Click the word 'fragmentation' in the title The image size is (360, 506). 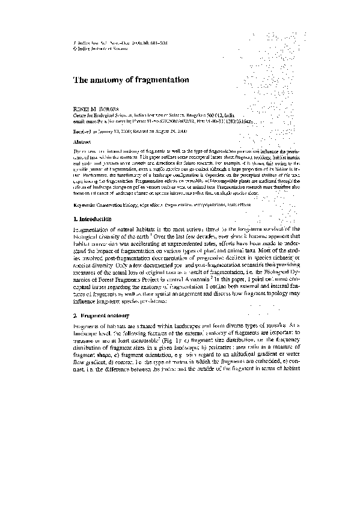164,79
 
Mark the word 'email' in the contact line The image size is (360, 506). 79,120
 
